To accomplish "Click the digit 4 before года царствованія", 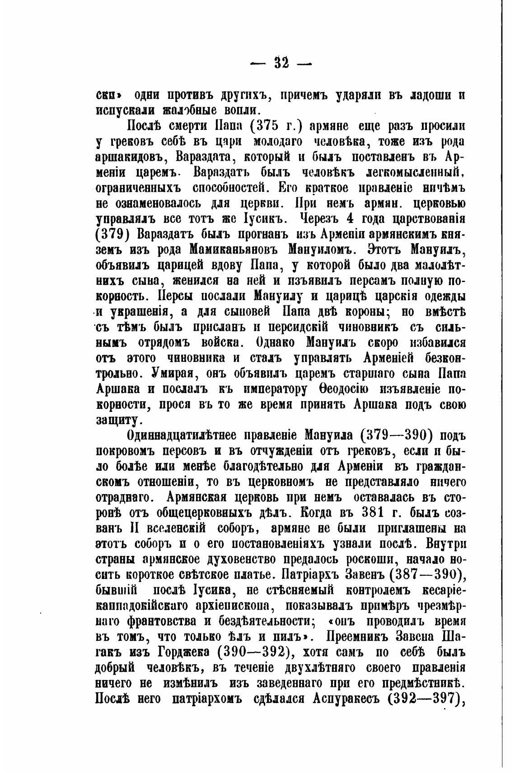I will pos(348,219).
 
